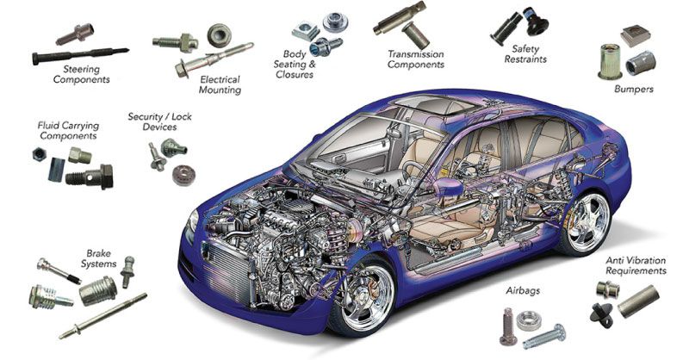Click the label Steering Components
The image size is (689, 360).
click(x=81, y=74)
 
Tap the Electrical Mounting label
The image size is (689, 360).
click(x=220, y=85)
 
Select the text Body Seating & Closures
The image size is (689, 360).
click(x=295, y=65)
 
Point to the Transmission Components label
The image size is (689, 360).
click(x=416, y=59)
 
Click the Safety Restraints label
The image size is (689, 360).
click(x=525, y=54)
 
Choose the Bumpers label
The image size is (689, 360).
click(x=634, y=89)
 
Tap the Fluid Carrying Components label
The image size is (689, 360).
click(x=68, y=131)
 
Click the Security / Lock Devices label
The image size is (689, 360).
click(x=159, y=121)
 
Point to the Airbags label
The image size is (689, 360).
click(x=523, y=290)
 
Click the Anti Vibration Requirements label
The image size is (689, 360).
click(x=636, y=265)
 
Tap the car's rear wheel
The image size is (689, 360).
click(x=587, y=223)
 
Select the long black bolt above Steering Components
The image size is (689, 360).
click(x=80, y=55)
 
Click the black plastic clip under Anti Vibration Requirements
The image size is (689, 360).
click(x=601, y=313)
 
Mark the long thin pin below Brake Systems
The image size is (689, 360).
click(x=102, y=316)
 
